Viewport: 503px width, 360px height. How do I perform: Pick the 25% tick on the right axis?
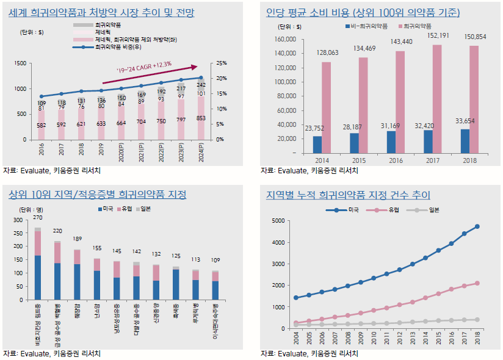(222, 63)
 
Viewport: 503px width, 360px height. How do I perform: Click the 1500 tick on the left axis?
(20, 63)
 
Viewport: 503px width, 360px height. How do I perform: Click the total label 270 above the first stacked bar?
(37, 218)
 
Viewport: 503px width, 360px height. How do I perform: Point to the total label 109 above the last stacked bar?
(215, 261)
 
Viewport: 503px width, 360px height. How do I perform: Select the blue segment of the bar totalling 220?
(58, 280)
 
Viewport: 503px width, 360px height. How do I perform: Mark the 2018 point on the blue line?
(477, 226)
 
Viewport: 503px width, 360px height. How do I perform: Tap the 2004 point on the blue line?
(296, 298)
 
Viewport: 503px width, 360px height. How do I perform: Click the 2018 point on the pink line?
(477, 283)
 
